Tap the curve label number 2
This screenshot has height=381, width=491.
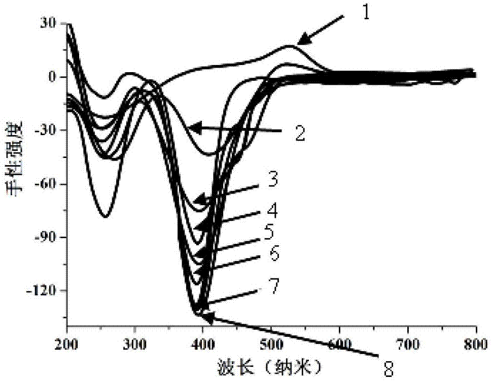pos(300,134)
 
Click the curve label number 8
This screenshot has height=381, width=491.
pos(388,369)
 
